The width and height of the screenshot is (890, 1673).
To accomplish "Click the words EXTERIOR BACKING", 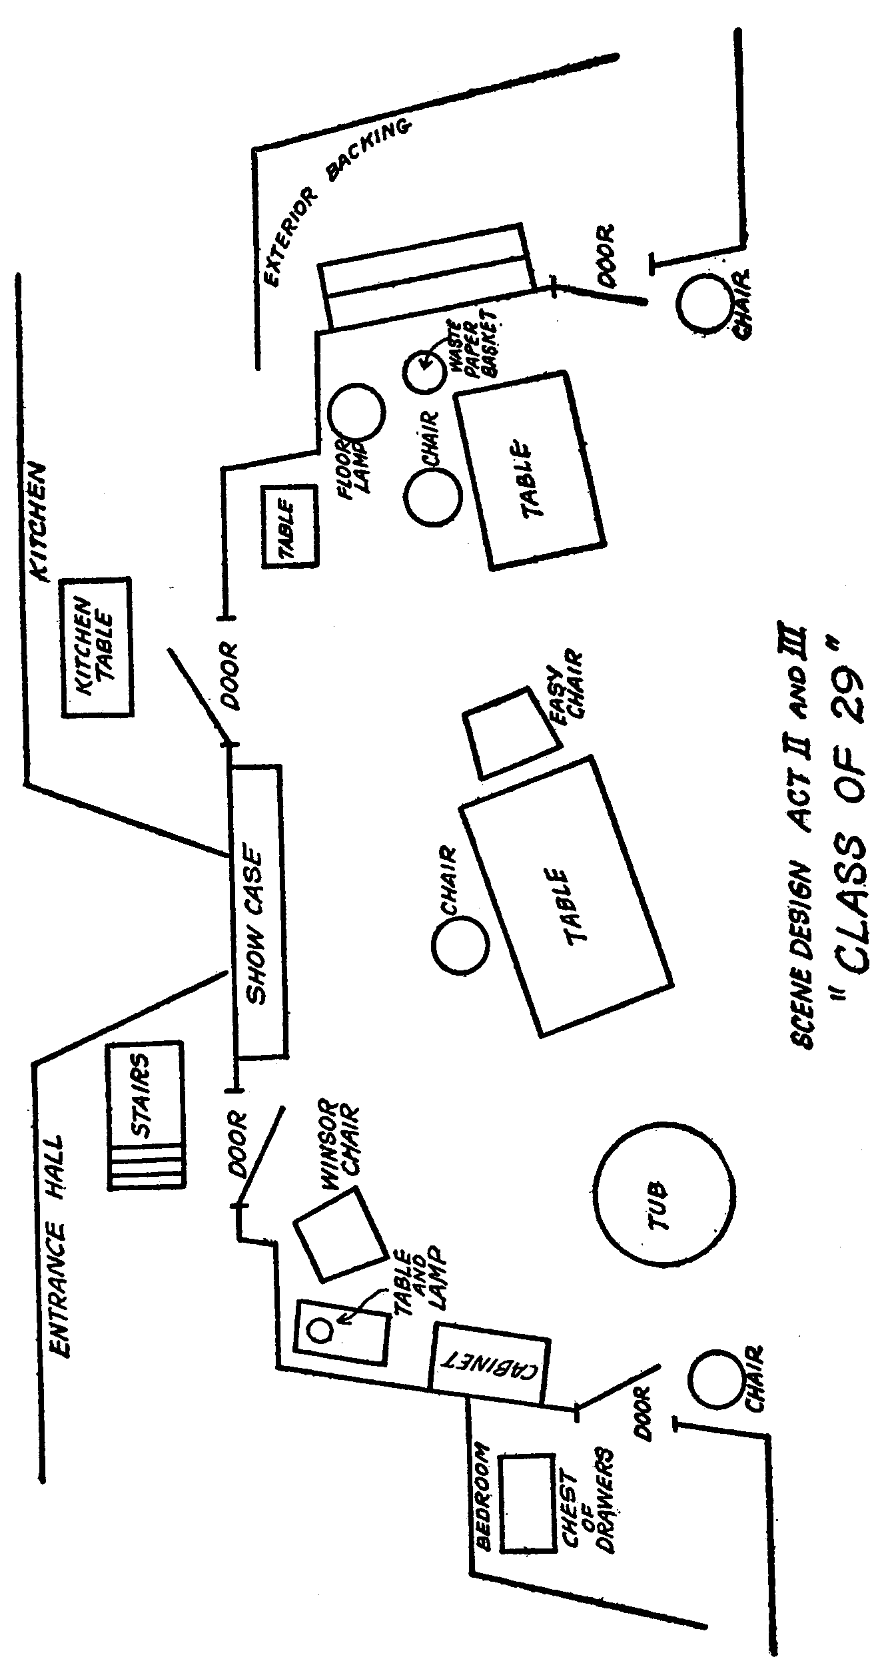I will tap(333, 200).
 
